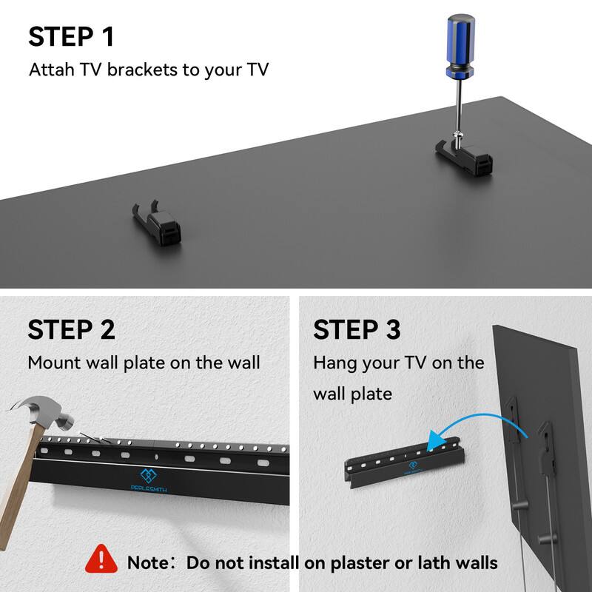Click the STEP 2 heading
point(71,329)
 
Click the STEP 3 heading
point(357,329)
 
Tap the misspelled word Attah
point(51,70)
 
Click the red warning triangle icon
point(102,561)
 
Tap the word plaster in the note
point(355,562)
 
